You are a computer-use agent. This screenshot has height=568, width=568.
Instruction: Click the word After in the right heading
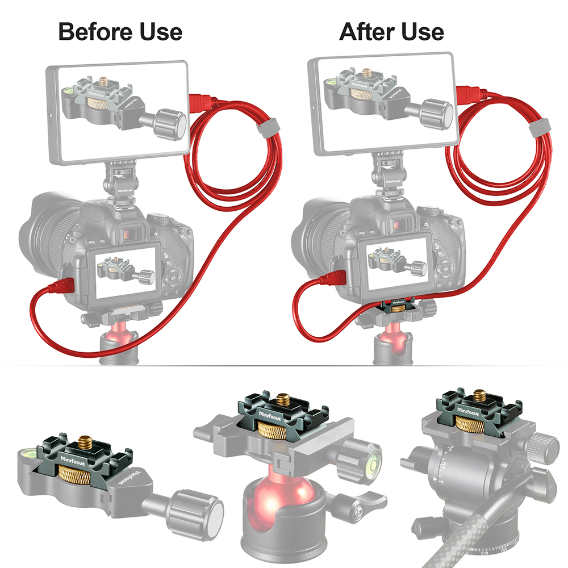coord(366,31)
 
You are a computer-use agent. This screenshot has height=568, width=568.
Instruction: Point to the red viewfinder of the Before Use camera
coord(131,233)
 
